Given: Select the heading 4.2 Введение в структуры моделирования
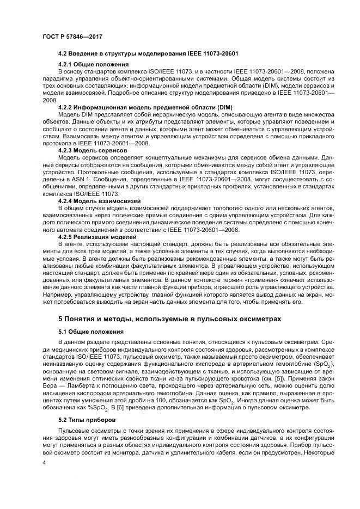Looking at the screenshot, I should point(148,53).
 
